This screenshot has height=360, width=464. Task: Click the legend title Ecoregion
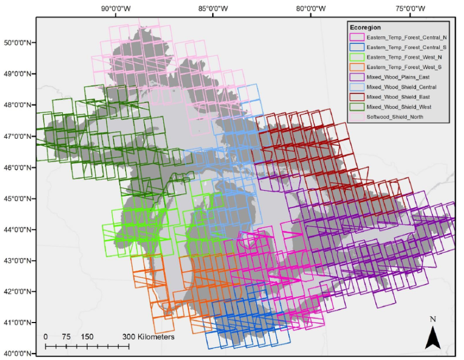pyautogui.click(x=365, y=27)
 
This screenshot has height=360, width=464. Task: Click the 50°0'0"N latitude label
pyautogui.click(x=18, y=43)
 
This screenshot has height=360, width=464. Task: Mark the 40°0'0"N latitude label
pyautogui.click(x=18, y=353)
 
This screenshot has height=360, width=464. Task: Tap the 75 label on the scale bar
pyautogui.click(x=66, y=336)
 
